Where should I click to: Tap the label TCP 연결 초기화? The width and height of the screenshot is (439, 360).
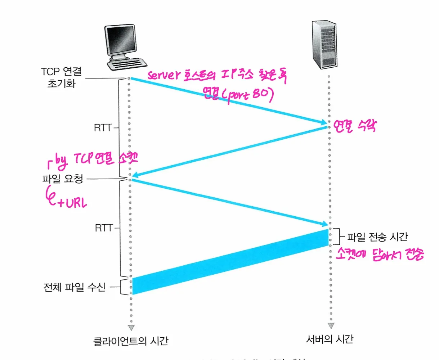pos(61,77)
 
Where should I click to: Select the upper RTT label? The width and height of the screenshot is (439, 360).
pos(103,128)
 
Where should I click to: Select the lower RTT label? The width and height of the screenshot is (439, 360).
pos(104,228)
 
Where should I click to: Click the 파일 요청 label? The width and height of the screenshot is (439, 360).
pos(63,179)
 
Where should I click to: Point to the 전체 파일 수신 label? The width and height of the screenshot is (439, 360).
pos(75,287)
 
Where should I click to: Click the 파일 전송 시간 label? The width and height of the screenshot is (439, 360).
pos(377,237)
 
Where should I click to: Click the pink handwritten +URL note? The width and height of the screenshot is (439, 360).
pos(72,203)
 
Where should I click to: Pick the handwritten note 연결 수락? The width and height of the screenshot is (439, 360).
pos(355,126)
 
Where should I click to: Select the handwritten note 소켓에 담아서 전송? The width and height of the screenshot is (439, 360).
pos(380,254)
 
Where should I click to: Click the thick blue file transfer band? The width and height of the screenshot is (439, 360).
pos(230,262)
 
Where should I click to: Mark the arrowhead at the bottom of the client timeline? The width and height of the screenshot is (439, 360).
pos(131,328)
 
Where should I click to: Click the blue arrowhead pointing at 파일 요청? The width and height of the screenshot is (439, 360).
pos(135,175)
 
